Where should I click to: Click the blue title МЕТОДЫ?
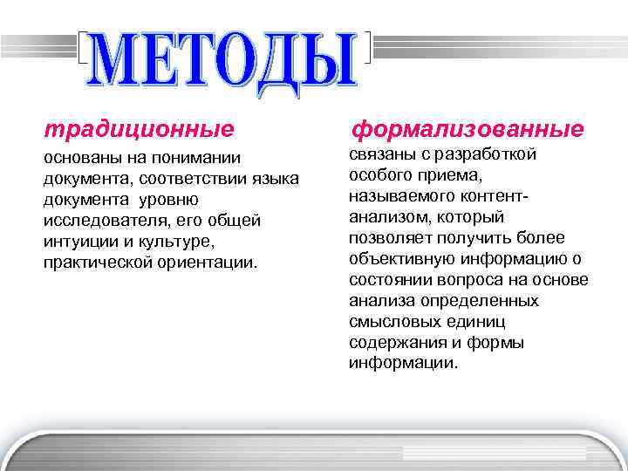coord(224,59)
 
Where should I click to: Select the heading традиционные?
coord(140,130)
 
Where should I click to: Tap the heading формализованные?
coord(467,130)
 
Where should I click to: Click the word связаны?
coord(384,154)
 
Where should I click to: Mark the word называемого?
coord(399,196)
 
